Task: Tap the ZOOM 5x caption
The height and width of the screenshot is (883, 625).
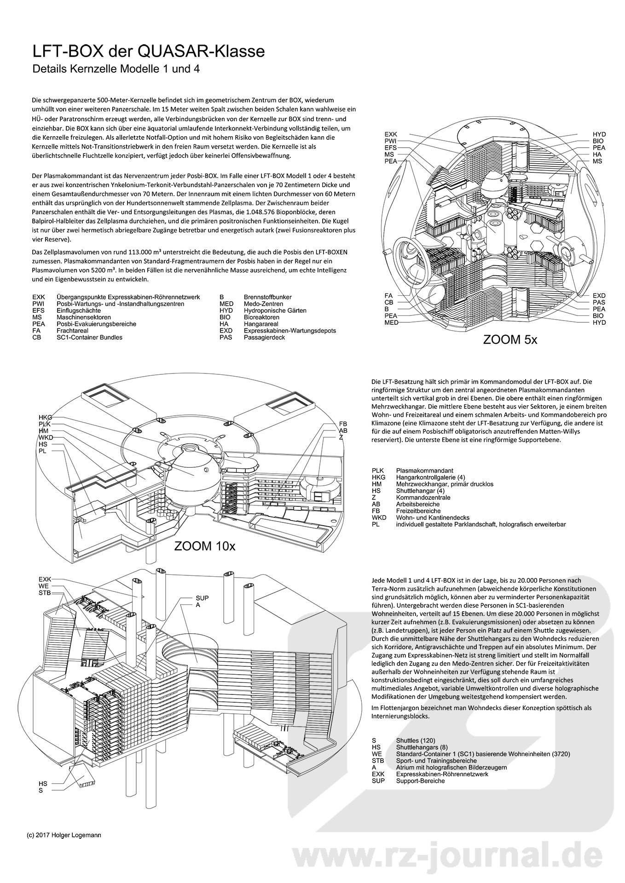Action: [510, 340]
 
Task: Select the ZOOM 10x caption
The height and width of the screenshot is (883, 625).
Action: [205, 546]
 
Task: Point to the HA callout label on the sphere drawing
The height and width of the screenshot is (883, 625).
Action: [597, 155]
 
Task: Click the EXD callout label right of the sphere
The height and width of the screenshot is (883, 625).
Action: [599, 296]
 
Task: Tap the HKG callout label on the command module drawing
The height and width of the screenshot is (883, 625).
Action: [45, 417]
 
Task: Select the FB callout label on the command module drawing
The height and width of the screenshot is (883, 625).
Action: [343, 424]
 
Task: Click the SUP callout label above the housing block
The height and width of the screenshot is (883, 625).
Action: [202, 598]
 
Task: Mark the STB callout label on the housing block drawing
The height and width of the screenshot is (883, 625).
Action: [44, 593]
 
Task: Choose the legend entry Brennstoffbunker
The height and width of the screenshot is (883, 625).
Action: [267, 297]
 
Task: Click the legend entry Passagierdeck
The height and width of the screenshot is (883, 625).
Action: [264, 337]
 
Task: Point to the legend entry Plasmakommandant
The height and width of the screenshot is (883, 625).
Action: [424, 470]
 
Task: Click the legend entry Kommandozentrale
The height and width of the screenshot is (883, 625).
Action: [423, 498]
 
